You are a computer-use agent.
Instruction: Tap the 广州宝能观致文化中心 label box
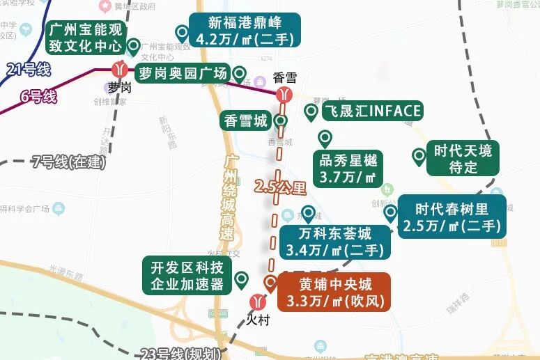(x=85, y=39)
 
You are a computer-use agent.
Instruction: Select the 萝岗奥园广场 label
(x=182, y=74)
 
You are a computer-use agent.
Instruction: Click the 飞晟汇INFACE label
(x=371, y=111)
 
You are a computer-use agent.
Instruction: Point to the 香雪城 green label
(x=245, y=120)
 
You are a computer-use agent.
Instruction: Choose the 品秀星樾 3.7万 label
(x=346, y=169)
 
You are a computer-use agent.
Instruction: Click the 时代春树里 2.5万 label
(x=452, y=217)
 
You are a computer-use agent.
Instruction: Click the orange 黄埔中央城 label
(x=335, y=292)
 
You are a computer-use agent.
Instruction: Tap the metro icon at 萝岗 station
(x=121, y=70)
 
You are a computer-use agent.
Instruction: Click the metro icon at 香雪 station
(x=284, y=95)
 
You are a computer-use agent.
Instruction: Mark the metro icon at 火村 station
(x=258, y=302)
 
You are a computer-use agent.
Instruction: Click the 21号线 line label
(x=28, y=69)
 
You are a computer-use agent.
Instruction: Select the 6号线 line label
(x=38, y=97)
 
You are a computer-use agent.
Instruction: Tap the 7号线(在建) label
(x=68, y=163)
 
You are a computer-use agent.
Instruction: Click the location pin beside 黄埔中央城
(x=270, y=282)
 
